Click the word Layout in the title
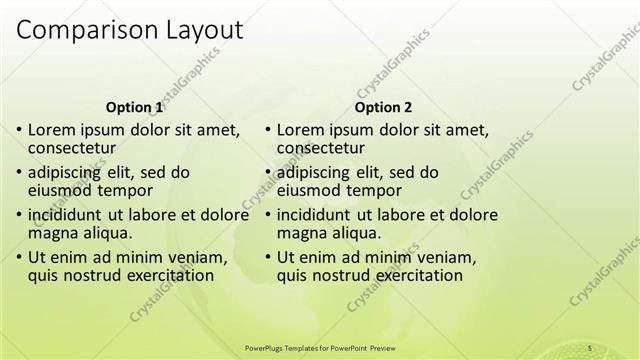pyautogui.click(x=199, y=31)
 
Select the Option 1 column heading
pyautogui.click(x=134, y=107)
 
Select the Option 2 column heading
pyautogui.click(x=383, y=107)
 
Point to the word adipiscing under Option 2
pyautogui.click(x=316, y=171)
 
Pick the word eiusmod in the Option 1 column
pyautogui.click(x=59, y=190)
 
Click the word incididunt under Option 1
pyautogui.click(x=65, y=214)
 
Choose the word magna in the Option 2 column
pyautogui.click(x=300, y=233)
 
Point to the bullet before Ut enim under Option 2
pyautogui.click(x=268, y=257)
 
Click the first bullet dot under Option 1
pyautogui.click(x=20, y=130)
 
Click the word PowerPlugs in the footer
pyautogui.click(x=264, y=347)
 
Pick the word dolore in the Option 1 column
pyautogui.click(x=225, y=214)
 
